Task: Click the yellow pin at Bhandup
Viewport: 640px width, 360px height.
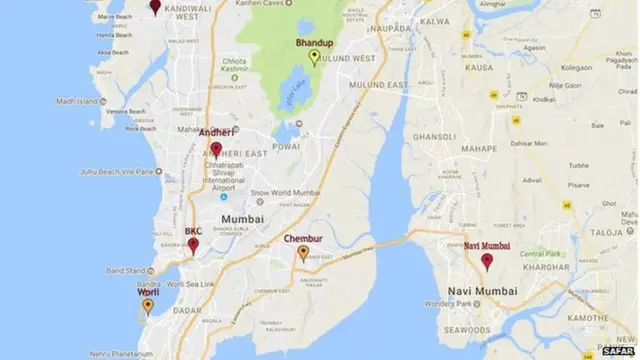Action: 314,57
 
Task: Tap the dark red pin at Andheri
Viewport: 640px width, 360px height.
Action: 216,151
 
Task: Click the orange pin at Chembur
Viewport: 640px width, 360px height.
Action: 303,254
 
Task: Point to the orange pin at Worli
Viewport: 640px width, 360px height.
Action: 148,307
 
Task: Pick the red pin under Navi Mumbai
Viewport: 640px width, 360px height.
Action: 487,262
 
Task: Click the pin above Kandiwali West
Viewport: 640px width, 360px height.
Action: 155,6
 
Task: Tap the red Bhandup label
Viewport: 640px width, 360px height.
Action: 314,44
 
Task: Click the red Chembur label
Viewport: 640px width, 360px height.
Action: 302,239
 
